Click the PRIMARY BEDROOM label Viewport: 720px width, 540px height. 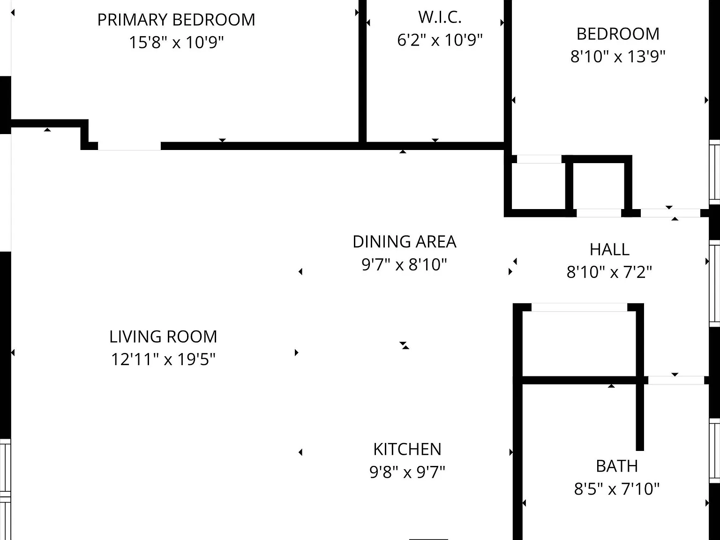click(x=176, y=20)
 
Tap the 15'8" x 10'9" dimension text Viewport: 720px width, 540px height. click(x=176, y=42)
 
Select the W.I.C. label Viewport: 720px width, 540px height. click(x=440, y=17)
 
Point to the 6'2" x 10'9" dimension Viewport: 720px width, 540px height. click(x=440, y=40)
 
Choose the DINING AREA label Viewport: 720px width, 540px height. click(x=405, y=241)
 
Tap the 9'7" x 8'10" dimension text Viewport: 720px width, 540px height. click(x=405, y=264)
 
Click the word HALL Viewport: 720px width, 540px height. click(x=609, y=249)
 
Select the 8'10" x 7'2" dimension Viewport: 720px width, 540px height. click(x=609, y=272)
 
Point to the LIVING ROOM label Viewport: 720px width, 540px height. click(x=163, y=337)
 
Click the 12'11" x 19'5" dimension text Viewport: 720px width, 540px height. click(x=163, y=360)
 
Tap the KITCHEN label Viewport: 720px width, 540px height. click(x=407, y=449)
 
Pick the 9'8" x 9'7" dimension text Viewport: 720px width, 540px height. click(x=407, y=472)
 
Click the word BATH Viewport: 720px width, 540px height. click(x=617, y=466)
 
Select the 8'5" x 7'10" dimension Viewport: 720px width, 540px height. click(x=617, y=489)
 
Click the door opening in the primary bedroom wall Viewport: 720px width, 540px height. click(x=129, y=146)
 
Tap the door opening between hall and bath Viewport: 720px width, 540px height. click(x=676, y=380)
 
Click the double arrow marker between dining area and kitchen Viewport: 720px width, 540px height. click(x=404, y=345)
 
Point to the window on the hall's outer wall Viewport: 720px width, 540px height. click(x=714, y=283)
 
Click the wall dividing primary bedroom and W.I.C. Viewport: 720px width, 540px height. click(x=362, y=72)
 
